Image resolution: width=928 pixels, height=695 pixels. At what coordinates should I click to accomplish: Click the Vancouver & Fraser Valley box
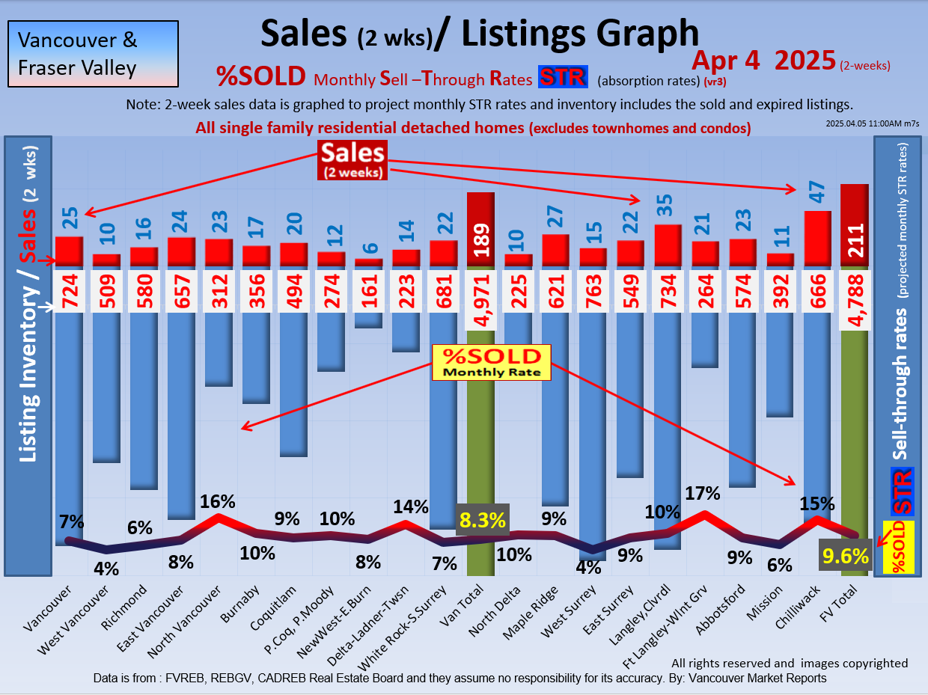93,53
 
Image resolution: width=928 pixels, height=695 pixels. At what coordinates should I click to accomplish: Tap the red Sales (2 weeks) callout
352,159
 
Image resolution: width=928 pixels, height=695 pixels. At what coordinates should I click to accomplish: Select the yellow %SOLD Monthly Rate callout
492,362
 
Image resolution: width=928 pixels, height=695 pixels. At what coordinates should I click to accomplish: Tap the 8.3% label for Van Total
482,520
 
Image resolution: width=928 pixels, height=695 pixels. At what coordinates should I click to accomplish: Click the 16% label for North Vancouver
218,500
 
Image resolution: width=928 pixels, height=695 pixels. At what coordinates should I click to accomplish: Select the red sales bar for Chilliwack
817,238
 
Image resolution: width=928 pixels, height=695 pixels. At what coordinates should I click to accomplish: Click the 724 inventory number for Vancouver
69,291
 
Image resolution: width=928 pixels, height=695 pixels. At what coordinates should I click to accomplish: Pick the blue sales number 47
817,192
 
